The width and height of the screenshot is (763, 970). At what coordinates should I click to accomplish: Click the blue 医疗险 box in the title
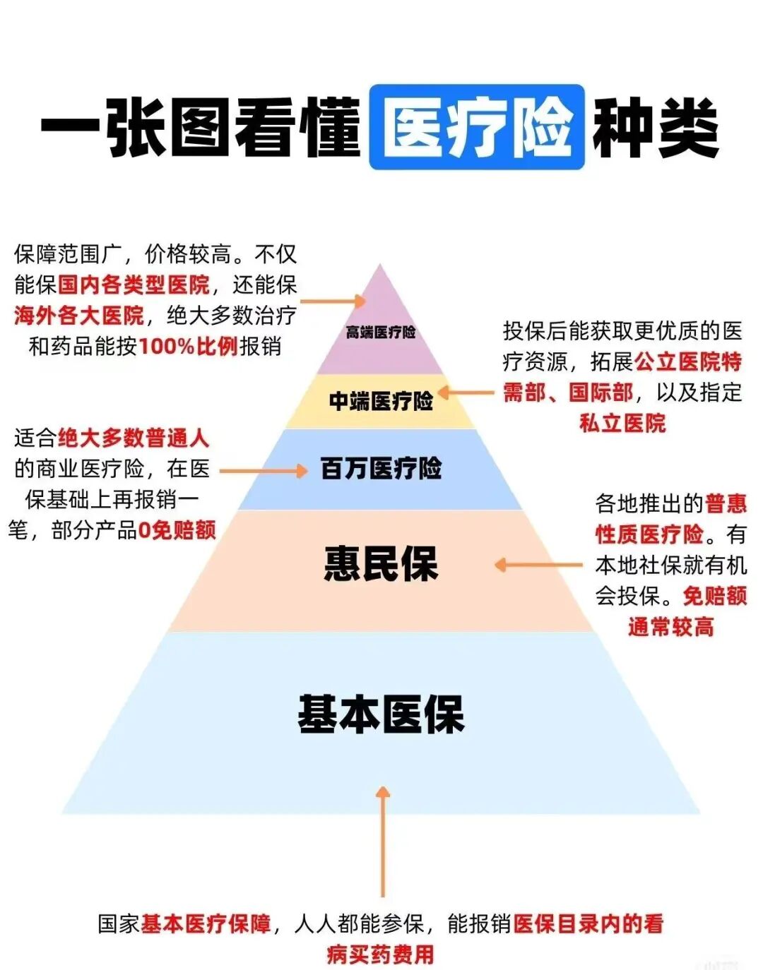point(477,127)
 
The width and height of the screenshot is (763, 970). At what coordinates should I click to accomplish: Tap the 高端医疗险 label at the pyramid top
point(380,332)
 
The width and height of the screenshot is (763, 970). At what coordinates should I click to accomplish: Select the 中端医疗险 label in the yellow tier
point(381,401)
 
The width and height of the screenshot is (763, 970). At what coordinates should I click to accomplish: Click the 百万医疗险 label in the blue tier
point(381,468)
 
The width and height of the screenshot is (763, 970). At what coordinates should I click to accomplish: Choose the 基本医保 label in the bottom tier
point(381,714)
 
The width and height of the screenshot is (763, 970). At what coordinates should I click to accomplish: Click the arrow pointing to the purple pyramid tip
point(333,301)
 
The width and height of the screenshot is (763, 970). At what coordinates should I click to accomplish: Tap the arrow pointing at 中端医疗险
point(466,393)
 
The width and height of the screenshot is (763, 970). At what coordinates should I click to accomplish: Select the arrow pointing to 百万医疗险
point(264,470)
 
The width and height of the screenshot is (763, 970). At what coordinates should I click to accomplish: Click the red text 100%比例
point(188,347)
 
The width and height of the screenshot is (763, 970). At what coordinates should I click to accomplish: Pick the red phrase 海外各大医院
point(78,316)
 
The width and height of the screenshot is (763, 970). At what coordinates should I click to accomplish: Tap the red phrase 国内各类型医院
point(134,285)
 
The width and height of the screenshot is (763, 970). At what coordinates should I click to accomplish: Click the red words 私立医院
point(622,424)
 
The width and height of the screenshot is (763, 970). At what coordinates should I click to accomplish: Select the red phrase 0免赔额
point(177,530)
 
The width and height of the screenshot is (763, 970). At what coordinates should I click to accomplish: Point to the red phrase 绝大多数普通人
point(134,438)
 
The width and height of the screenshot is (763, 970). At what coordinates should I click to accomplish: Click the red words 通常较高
point(670,626)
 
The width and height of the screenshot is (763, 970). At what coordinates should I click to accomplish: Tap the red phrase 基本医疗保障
point(206,923)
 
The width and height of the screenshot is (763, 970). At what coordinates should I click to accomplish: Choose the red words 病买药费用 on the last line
point(381,954)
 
